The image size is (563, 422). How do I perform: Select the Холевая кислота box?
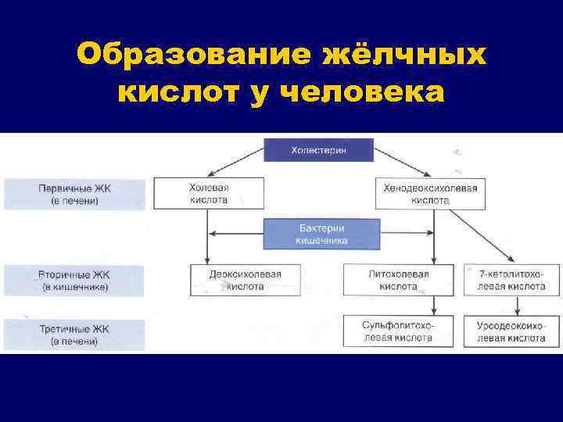[x=208, y=194]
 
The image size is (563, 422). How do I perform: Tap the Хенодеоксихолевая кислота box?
[x=429, y=194]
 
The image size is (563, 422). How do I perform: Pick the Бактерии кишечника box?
[x=321, y=234]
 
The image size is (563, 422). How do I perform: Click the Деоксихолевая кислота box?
[x=245, y=281]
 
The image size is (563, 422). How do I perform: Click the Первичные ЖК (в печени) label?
[x=74, y=195]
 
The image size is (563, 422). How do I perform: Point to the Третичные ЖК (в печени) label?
[x=74, y=334]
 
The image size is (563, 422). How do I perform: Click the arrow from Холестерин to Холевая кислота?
[x=235, y=164]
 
